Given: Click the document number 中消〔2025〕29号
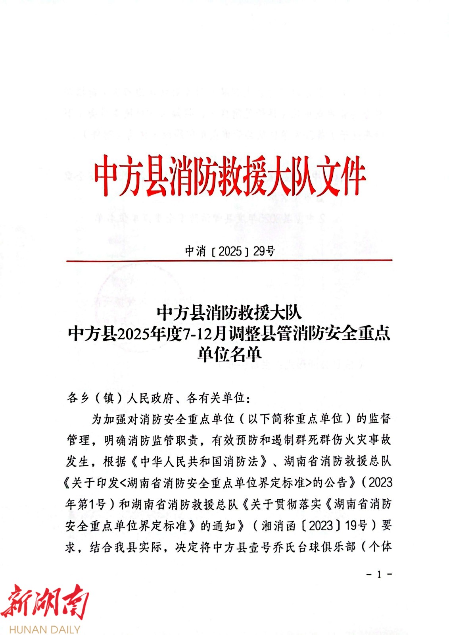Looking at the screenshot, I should tap(230, 251).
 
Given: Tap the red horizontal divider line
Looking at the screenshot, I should tap(229, 260).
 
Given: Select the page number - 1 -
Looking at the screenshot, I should tap(379, 574).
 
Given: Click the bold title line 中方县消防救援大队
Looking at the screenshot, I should tap(229, 313).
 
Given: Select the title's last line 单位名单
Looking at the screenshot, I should tap(229, 354).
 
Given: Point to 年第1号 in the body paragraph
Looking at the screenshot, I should tap(85, 504).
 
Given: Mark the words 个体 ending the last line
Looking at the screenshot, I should tap(380, 547).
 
